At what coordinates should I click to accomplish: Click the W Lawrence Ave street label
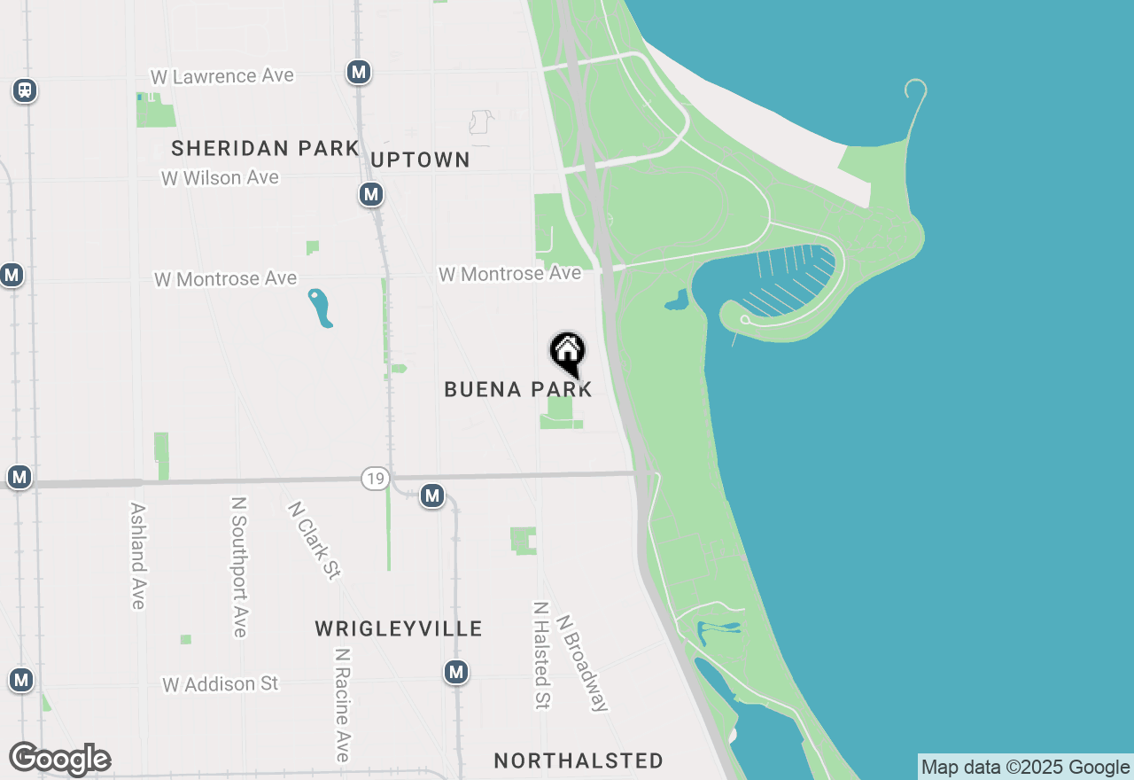point(221,76)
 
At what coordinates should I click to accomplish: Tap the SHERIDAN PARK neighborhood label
point(265,148)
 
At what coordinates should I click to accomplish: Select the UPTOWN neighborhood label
point(420,160)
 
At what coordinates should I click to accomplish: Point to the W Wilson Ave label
point(220,177)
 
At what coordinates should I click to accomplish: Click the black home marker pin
point(567,352)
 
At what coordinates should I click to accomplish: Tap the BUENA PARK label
point(518,389)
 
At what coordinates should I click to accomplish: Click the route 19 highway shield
point(376,480)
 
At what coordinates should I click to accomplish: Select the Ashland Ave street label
point(137,556)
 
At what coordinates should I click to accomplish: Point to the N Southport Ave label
point(238,566)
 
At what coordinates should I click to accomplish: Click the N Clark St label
point(314,540)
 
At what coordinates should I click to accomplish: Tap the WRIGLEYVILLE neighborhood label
point(399,628)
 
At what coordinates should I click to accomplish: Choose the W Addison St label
point(220,683)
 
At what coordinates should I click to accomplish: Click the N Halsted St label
point(541,655)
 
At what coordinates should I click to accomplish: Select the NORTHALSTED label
point(579,760)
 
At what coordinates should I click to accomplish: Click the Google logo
point(59,760)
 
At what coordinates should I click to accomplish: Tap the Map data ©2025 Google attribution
point(1025,768)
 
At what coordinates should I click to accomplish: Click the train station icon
point(25,90)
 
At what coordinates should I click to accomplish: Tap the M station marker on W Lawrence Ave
point(359,72)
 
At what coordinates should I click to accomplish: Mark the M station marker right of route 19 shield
point(432,495)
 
